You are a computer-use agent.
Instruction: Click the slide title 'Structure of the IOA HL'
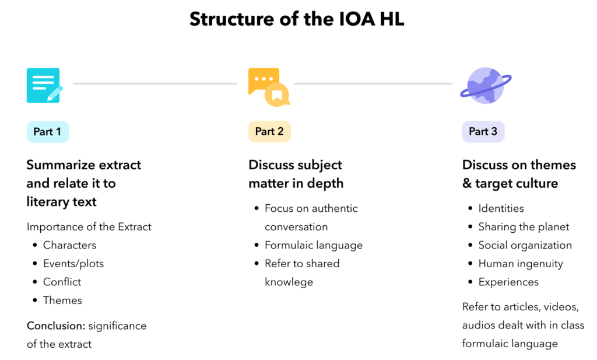tap(297, 19)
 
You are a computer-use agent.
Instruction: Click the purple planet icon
tap(486, 85)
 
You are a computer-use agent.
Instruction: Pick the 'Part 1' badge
tap(47, 132)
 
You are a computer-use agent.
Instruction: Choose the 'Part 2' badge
tap(269, 132)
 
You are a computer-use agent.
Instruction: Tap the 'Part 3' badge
tap(483, 132)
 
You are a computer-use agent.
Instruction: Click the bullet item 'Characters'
tap(69, 245)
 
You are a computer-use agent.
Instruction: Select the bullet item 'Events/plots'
tap(73, 264)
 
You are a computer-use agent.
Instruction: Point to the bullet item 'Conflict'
tap(62, 282)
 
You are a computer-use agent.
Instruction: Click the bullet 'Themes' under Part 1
tap(62, 300)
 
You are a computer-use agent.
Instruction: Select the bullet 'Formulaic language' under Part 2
tap(314, 245)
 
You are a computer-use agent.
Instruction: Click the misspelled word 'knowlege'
tap(289, 282)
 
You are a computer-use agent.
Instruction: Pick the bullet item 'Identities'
tap(501, 208)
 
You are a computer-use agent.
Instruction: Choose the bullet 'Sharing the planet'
tap(524, 227)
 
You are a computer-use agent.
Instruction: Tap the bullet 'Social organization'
tap(525, 245)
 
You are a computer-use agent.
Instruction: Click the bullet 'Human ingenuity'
tap(521, 264)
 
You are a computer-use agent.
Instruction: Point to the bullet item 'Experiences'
tap(508, 282)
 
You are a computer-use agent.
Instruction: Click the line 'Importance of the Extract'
tap(89, 226)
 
